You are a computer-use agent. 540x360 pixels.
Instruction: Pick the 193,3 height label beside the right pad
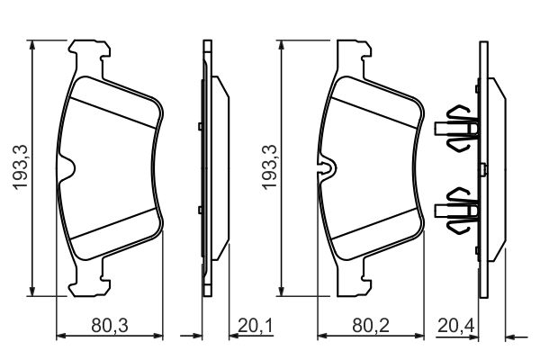point(267,168)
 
